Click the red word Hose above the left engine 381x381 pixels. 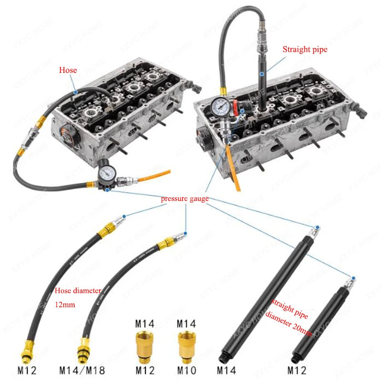click(68, 70)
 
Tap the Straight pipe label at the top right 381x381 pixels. click(305, 50)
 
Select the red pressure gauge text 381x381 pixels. click(185, 199)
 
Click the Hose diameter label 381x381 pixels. click(78, 291)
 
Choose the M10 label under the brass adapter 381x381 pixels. click(186, 370)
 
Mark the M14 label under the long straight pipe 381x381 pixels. click(228, 370)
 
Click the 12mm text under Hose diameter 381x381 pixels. click(66, 303)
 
